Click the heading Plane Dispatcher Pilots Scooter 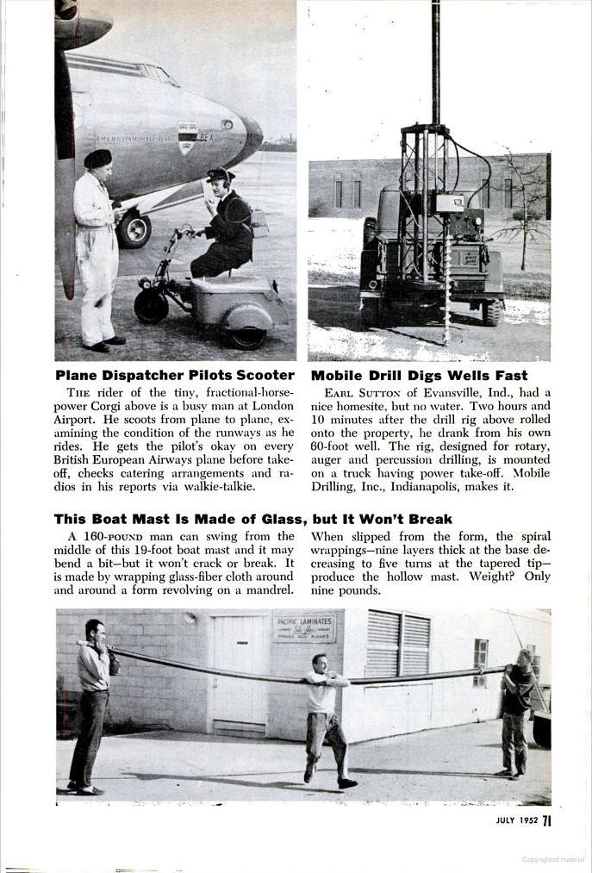coord(175,376)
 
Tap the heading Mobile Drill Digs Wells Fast coord(419,376)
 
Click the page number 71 coord(546,820)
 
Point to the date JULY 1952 coord(516,820)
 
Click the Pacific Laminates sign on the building coord(304,627)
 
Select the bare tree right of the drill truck coord(523,207)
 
